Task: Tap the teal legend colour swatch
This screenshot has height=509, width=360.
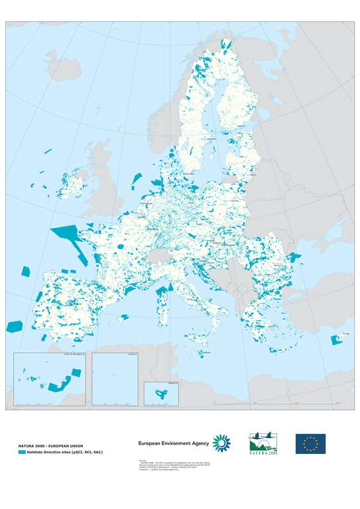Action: (x=22, y=453)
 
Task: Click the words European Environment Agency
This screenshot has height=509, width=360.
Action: (x=173, y=443)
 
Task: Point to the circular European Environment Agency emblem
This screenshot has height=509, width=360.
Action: (x=221, y=443)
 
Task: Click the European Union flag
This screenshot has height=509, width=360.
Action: (x=310, y=443)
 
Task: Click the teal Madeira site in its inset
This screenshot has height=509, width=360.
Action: (x=160, y=393)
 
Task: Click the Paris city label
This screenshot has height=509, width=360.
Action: (x=127, y=233)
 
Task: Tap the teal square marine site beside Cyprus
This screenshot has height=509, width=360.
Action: (x=337, y=341)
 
